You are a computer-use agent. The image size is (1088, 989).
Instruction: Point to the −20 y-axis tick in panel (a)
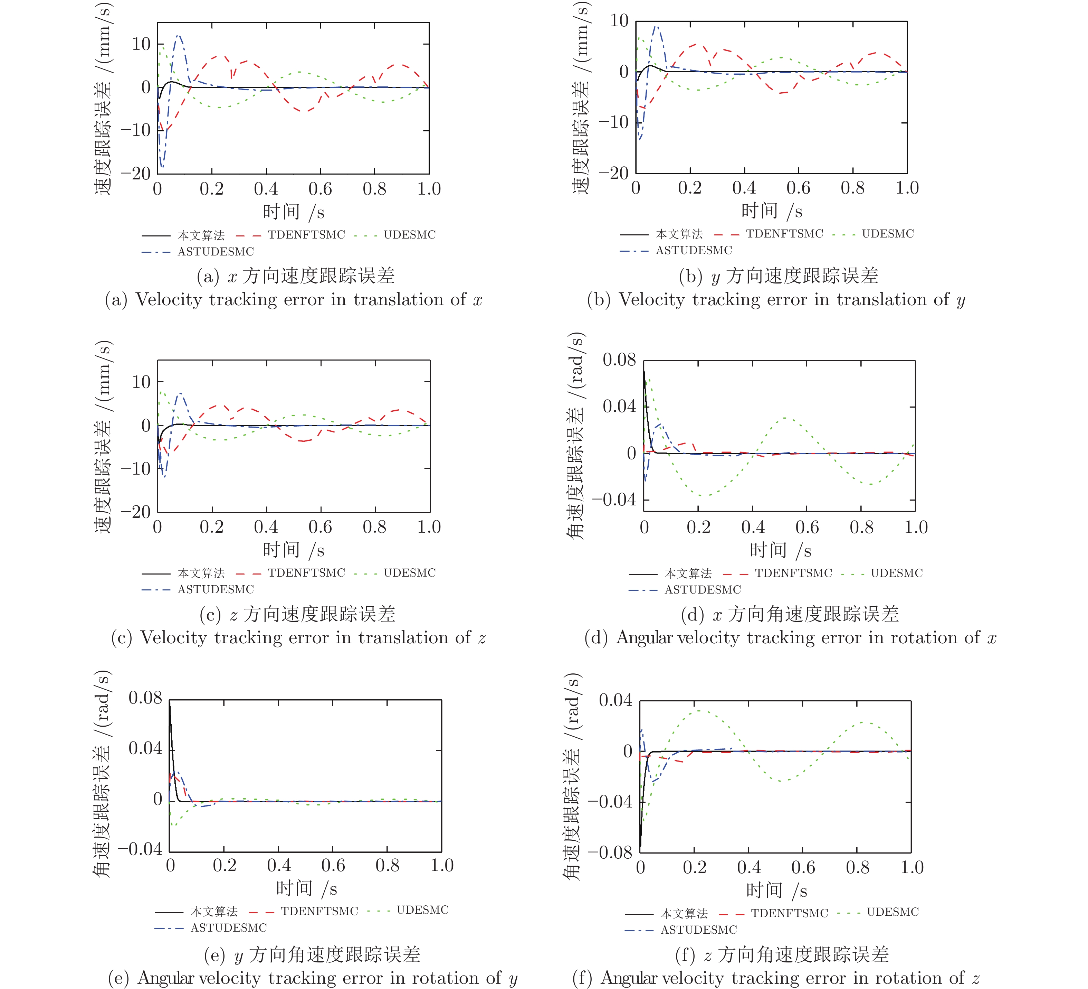click(x=135, y=174)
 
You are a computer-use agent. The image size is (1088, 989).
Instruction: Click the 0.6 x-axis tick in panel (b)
click(x=798, y=188)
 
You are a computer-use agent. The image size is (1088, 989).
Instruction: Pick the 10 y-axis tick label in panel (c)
click(x=141, y=382)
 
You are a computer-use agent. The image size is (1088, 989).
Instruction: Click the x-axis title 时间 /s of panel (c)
click(x=294, y=550)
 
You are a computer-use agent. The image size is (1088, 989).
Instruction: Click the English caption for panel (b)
click(x=776, y=299)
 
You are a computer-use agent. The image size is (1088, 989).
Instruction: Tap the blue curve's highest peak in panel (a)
click(x=179, y=36)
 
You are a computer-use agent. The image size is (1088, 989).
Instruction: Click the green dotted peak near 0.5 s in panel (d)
click(x=784, y=418)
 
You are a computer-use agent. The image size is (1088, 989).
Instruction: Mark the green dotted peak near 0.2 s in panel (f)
click(x=698, y=710)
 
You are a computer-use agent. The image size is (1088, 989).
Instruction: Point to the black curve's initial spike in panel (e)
click(x=170, y=702)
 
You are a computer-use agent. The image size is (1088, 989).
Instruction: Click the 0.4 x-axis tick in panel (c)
click(x=266, y=527)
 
